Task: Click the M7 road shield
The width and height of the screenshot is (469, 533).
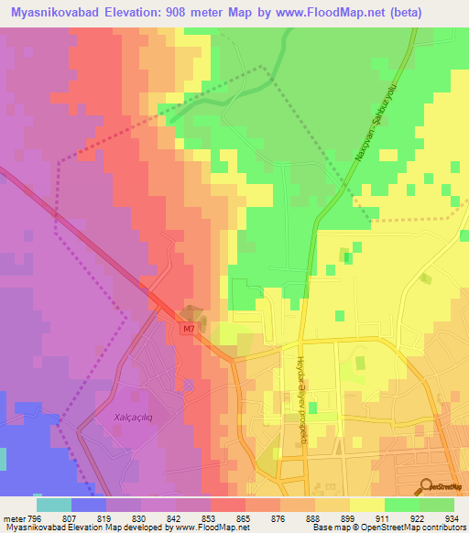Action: click(188, 327)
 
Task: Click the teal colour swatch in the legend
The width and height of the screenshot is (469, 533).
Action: click(53, 504)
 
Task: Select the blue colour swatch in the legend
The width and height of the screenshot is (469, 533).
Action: click(88, 504)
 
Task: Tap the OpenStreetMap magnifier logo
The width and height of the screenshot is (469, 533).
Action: click(427, 485)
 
